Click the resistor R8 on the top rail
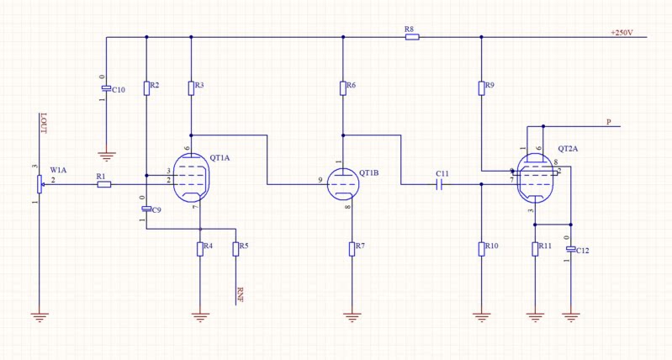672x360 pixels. click(x=411, y=37)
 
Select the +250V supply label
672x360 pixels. click(x=622, y=33)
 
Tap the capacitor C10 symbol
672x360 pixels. click(x=106, y=88)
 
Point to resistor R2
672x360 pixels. click(x=146, y=87)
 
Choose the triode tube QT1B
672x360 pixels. click(x=342, y=182)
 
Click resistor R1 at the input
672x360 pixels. click(x=103, y=183)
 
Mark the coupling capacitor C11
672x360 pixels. click(x=440, y=183)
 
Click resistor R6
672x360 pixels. click(x=343, y=87)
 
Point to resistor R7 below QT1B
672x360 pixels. click(x=352, y=248)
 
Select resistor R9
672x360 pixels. click(x=480, y=87)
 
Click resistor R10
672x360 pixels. click(x=481, y=248)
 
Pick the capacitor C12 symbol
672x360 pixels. click(x=571, y=250)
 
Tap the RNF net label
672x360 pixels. click(x=241, y=294)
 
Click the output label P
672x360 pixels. click(x=608, y=122)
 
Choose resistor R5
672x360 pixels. click(x=235, y=248)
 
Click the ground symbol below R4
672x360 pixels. click(x=200, y=316)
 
